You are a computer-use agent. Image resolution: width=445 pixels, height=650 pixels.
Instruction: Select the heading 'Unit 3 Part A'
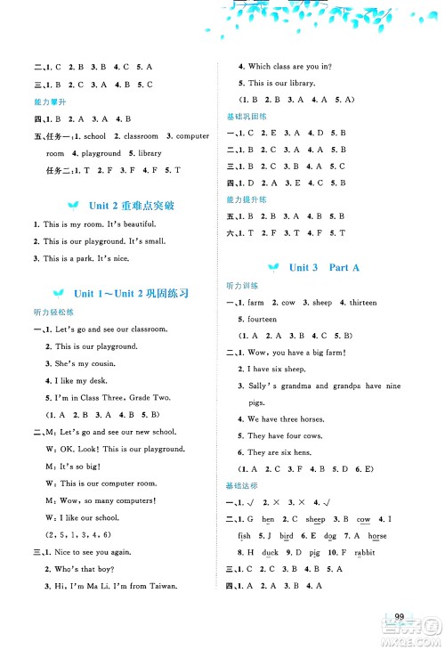[319, 267]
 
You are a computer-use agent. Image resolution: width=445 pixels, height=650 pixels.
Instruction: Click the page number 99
[400, 617]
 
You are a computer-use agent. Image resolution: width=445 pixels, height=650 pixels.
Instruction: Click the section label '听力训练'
[242, 286]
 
